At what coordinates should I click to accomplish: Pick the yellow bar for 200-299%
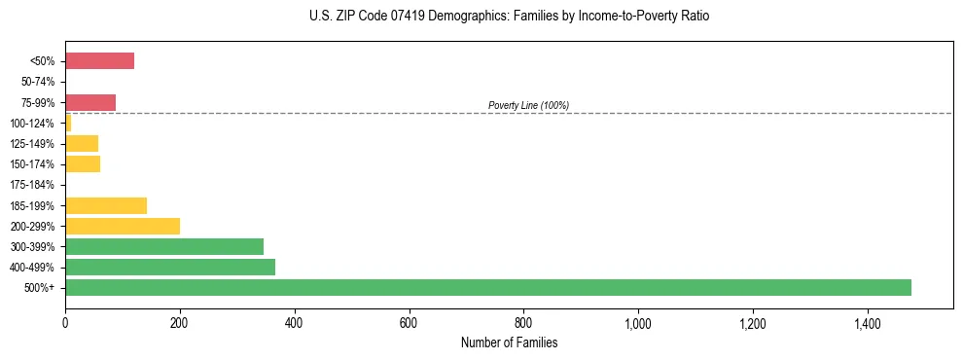(123, 226)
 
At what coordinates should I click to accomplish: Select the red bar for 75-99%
(90, 102)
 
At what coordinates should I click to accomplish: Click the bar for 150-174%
(83, 163)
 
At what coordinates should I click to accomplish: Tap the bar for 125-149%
(82, 143)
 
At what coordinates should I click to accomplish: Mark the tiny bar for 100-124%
(68, 123)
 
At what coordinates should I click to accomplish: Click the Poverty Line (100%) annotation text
(528, 105)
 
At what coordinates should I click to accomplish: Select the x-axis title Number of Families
(509, 342)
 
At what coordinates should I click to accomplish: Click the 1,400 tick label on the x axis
(868, 323)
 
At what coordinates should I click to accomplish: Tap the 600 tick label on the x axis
(409, 323)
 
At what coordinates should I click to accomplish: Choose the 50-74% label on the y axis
(38, 82)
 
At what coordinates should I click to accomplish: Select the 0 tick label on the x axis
(65, 323)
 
